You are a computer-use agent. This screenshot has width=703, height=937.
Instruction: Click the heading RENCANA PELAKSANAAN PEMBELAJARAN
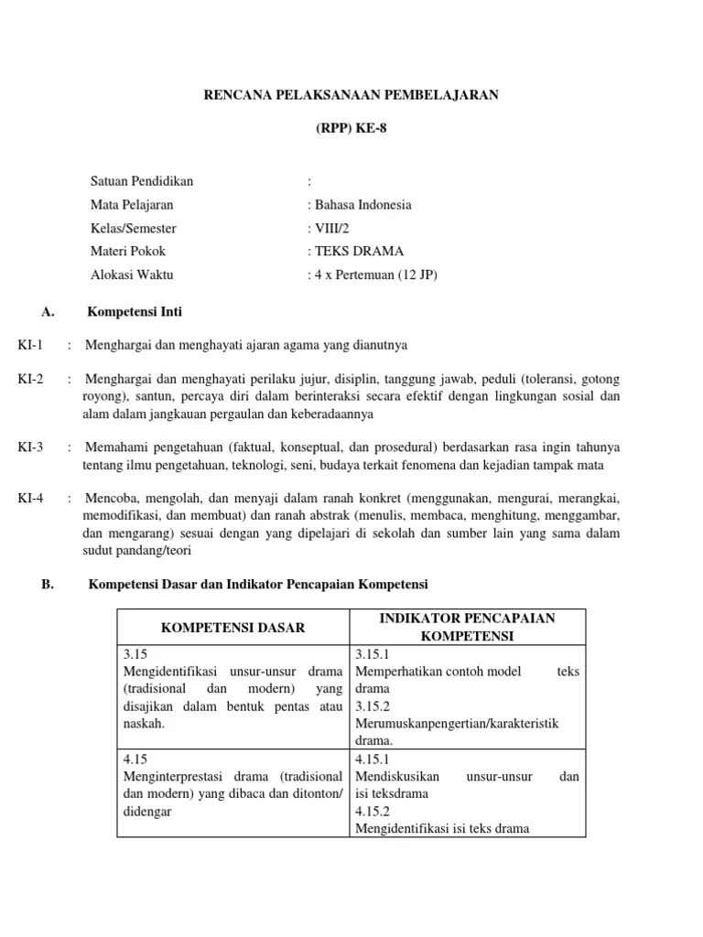click(x=351, y=95)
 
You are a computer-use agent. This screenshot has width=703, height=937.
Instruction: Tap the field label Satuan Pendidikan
click(x=142, y=181)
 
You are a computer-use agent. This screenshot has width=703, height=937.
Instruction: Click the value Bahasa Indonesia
click(x=362, y=205)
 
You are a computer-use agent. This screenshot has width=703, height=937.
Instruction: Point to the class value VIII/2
click(x=331, y=228)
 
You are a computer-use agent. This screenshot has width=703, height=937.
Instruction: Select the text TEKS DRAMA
click(x=359, y=251)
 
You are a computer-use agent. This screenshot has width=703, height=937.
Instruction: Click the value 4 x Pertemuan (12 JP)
click(x=375, y=274)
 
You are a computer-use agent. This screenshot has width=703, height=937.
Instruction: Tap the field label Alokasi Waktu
click(x=132, y=274)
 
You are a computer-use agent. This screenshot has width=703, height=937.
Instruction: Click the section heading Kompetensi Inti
click(x=134, y=312)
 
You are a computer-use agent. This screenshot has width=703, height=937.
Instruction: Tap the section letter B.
click(x=48, y=584)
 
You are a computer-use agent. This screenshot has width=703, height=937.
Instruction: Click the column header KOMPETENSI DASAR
click(x=233, y=627)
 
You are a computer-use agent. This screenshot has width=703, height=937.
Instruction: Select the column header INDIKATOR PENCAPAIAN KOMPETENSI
click(x=467, y=627)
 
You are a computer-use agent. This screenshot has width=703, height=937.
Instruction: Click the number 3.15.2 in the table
click(x=372, y=705)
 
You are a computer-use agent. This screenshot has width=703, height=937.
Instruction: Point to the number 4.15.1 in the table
click(x=372, y=759)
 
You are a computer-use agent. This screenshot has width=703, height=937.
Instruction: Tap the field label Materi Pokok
click(x=128, y=251)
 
